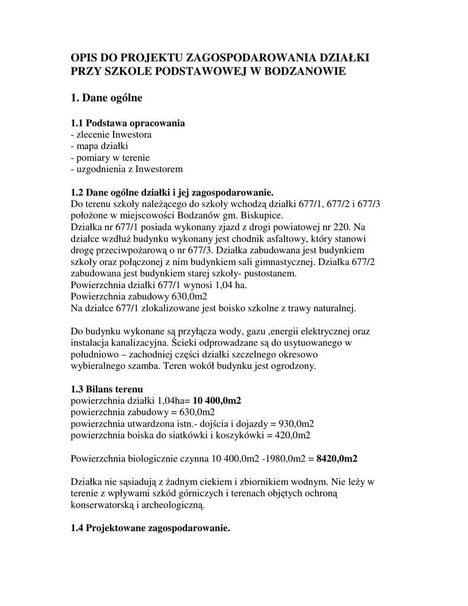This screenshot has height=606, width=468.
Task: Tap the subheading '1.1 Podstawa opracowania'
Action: point(127,124)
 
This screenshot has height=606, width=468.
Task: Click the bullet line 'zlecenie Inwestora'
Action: point(112,135)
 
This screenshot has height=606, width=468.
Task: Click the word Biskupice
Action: point(262,215)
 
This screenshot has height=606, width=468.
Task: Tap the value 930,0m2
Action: point(295,424)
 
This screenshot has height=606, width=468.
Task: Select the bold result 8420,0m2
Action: point(338,458)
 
